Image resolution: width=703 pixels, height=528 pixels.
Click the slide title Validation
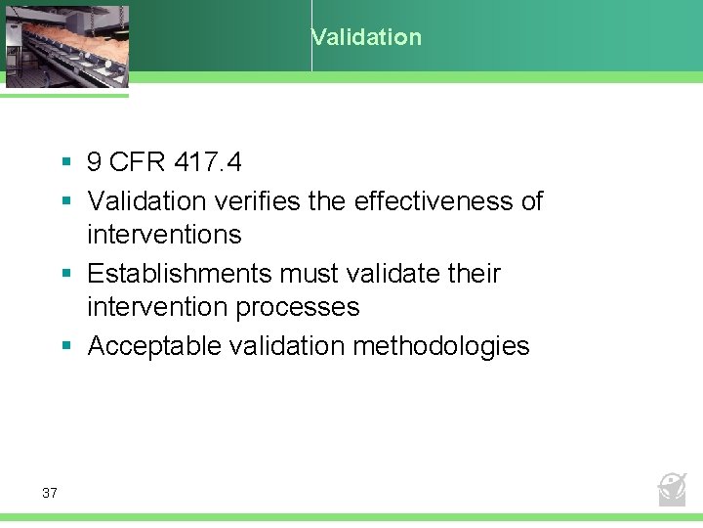click(366, 38)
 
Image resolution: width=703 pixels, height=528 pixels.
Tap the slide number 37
click(50, 493)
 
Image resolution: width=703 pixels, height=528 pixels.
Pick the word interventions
click(164, 235)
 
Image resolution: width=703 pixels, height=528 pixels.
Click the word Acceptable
click(147, 346)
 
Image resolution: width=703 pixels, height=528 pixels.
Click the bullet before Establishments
click(65, 274)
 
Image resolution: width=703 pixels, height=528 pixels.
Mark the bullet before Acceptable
click(65, 346)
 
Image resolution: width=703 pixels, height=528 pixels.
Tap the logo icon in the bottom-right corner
click(672, 488)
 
